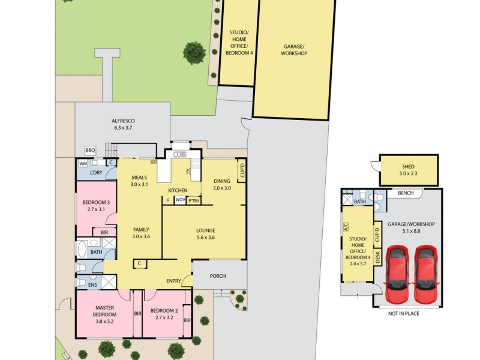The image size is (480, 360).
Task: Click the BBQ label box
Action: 91,150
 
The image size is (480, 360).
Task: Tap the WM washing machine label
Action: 83,163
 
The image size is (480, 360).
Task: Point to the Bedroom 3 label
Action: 96,202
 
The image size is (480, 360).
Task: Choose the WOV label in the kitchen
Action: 180,200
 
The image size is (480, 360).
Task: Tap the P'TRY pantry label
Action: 194,200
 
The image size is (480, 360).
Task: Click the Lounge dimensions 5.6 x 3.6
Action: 205,238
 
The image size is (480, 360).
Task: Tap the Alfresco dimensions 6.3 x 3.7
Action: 122,127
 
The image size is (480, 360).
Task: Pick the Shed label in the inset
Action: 408,167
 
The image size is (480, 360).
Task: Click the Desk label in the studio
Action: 377,257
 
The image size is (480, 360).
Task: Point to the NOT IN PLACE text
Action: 403,313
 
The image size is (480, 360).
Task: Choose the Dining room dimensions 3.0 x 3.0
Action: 222,188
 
